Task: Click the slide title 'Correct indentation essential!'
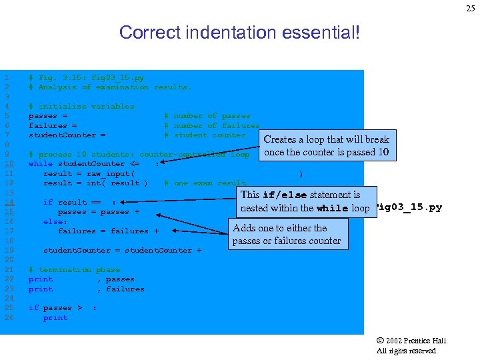tap(239, 32)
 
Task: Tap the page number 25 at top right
tap(469, 8)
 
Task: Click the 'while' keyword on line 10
tap(41, 164)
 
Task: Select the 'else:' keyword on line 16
tap(55, 221)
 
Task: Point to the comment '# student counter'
tap(205, 135)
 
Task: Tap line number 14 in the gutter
tap(9, 203)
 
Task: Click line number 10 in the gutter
tap(9, 164)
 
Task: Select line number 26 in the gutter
tap(9, 318)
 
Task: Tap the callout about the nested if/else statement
tap(305, 201)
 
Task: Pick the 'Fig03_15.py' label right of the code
tap(409, 208)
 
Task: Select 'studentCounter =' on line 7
tap(67, 135)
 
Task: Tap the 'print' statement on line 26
tap(55, 318)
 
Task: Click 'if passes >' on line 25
tap(55, 308)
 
